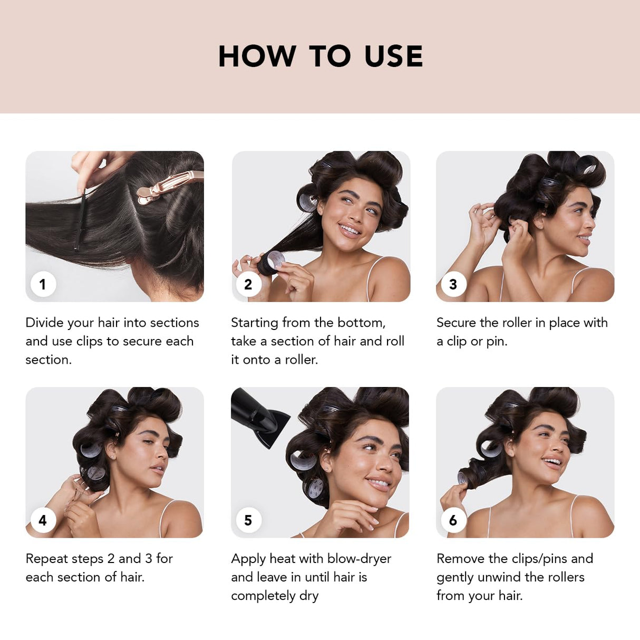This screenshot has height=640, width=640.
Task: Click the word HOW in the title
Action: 257,56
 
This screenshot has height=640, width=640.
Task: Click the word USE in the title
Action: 393,56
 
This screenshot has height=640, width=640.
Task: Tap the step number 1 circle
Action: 43,285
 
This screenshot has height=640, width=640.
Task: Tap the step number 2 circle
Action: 248,285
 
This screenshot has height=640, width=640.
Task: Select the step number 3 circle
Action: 453,285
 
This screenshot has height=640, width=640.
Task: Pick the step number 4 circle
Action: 43,521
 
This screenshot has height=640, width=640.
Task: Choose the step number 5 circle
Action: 248,521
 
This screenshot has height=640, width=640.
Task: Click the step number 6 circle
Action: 453,521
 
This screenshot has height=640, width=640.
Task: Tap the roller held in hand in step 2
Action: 273,261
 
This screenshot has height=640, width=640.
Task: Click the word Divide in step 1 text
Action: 44,323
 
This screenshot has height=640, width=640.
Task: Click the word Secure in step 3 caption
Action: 457,323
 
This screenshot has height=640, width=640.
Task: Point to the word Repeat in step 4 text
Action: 45,559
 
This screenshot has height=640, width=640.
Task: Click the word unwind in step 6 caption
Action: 499,577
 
